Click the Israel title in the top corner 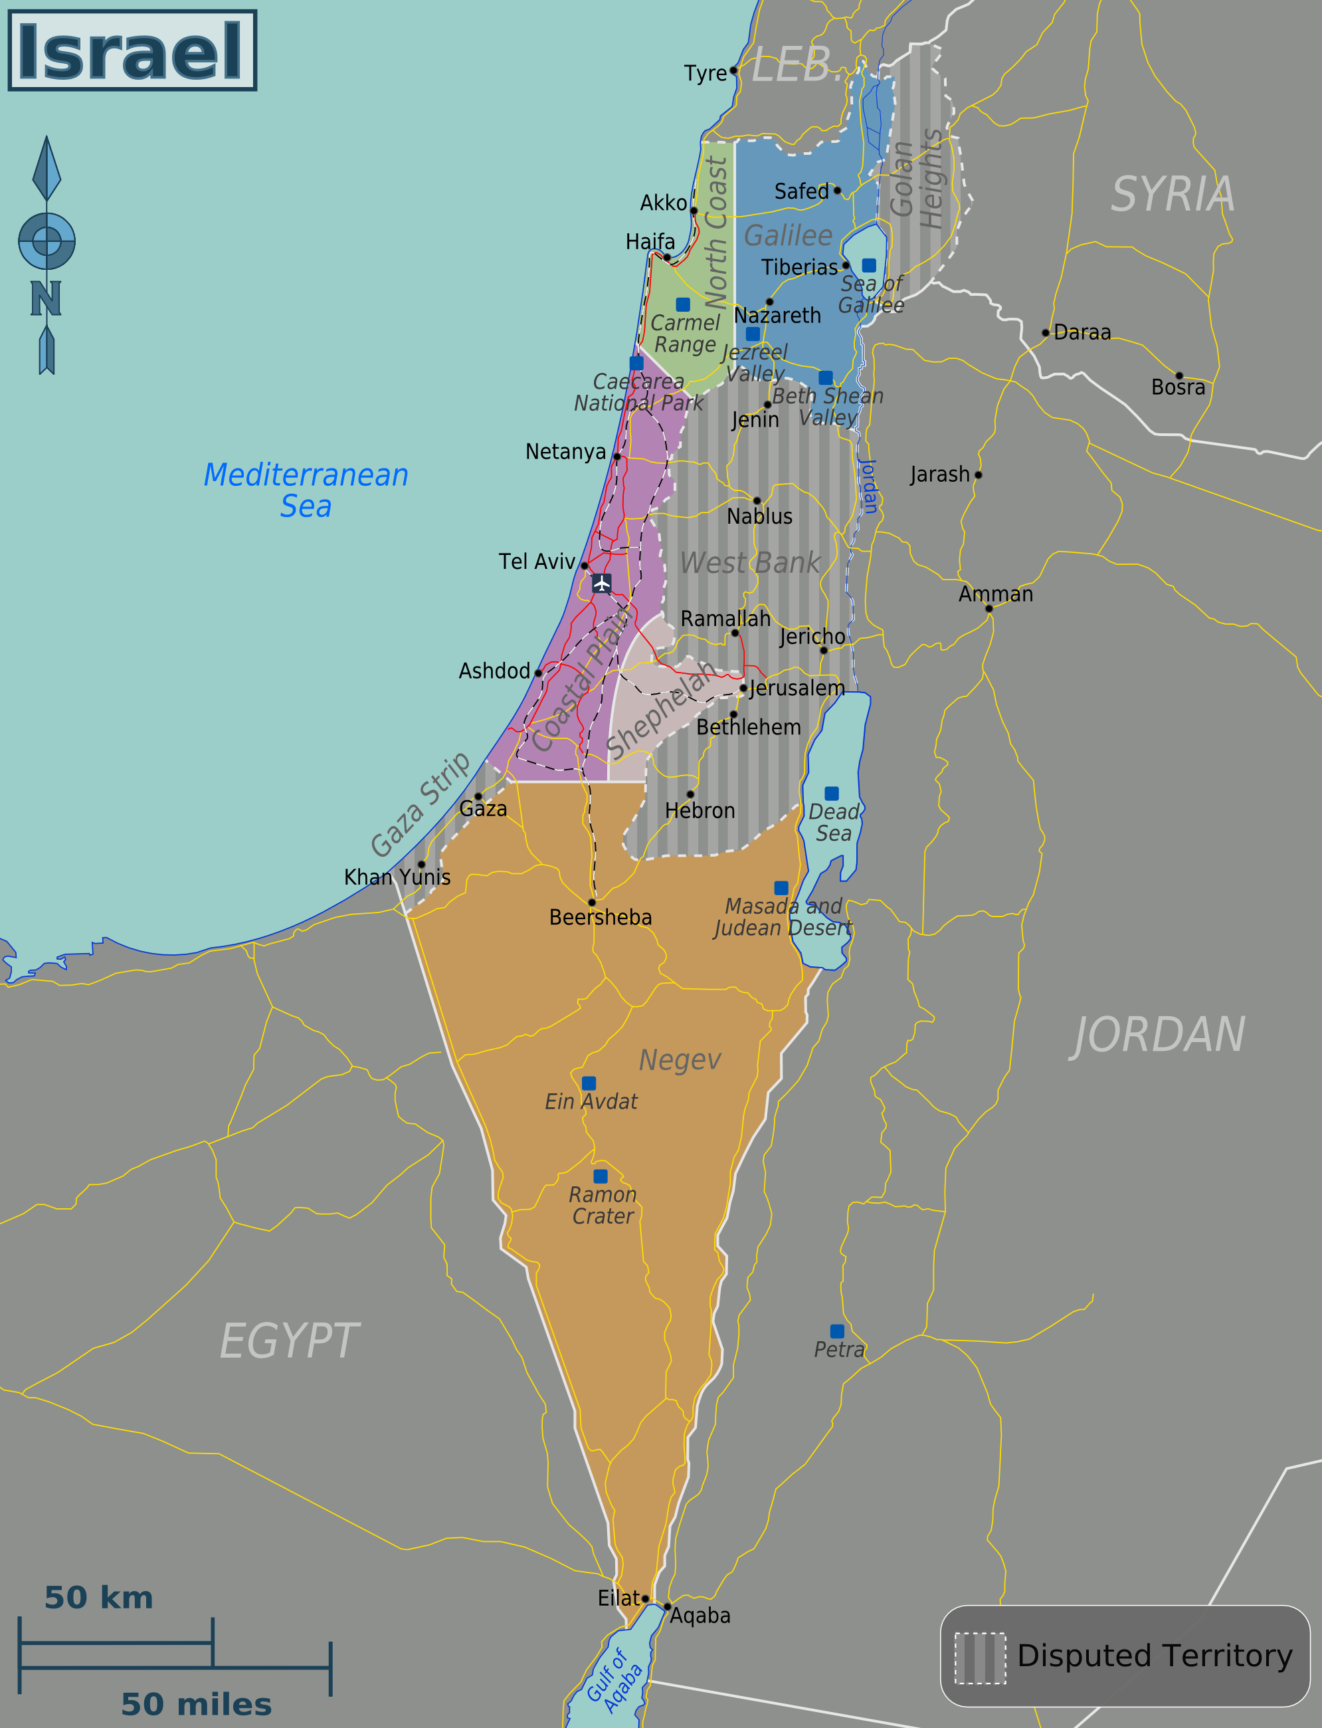pos(132,51)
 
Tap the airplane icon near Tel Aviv pos(602,584)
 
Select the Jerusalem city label pos(797,688)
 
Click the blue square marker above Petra pos(837,1331)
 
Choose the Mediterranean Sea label pos(306,490)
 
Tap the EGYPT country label pos(289,1341)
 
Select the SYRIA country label pos(1173,195)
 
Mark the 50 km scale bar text pos(99,1598)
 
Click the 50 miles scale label pos(196,1704)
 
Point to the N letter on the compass pos(46,299)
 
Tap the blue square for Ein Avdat pos(589,1083)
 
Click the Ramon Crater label pos(603,1205)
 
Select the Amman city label pos(995,594)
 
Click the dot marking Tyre pos(734,70)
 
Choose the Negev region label pos(680,1059)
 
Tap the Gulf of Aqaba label pos(614,1681)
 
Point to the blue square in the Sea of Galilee pos(869,265)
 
